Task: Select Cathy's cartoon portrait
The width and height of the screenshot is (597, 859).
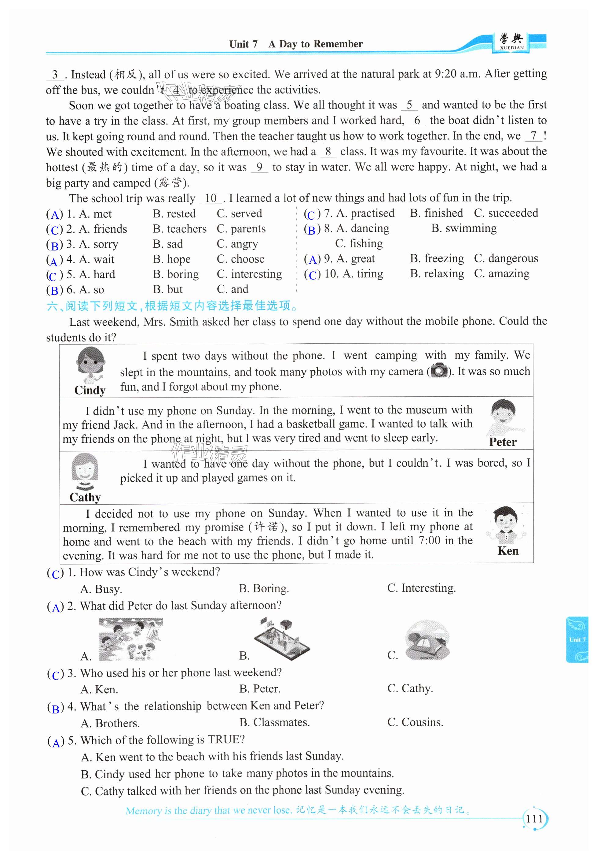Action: coord(85,472)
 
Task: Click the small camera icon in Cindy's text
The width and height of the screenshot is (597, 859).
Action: coord(439,371)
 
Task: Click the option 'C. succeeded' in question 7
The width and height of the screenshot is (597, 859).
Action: coord(506,213)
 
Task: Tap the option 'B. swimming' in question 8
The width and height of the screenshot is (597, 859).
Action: coord(463,228)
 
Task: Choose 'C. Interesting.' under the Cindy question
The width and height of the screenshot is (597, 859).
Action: coord(421,588)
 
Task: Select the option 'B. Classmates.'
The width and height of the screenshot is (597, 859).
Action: coord(274,722)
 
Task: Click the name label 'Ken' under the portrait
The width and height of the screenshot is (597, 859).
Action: coord(508,551)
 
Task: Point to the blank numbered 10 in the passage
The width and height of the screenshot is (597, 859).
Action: coord(211,198)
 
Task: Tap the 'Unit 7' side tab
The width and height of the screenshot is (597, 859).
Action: coord(577,639)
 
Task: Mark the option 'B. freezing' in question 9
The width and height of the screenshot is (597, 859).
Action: coord(437,258)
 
